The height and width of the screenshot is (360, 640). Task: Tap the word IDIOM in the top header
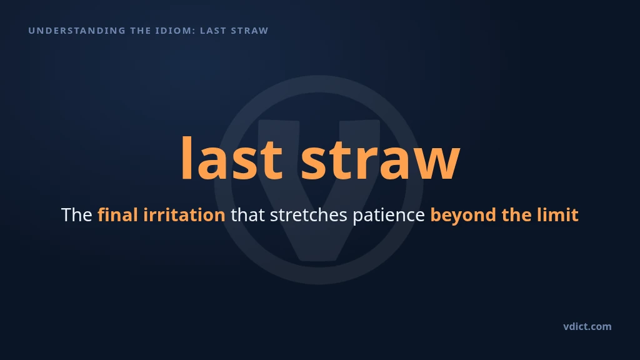[175, 31]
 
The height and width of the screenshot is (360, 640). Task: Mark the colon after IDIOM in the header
[194, 31]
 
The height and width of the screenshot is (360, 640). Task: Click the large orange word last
[231, 158]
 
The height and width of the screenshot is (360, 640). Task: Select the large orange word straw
[381, 161]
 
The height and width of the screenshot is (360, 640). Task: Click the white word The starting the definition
[76, 215]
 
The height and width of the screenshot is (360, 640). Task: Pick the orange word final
[117, 215]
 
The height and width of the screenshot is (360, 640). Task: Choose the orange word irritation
[184, 215]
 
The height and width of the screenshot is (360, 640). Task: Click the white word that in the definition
[247, 215]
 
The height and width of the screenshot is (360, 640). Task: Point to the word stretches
[309, 215]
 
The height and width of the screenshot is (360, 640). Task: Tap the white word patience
[389, 216]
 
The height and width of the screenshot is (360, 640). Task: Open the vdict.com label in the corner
[587, 326]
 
